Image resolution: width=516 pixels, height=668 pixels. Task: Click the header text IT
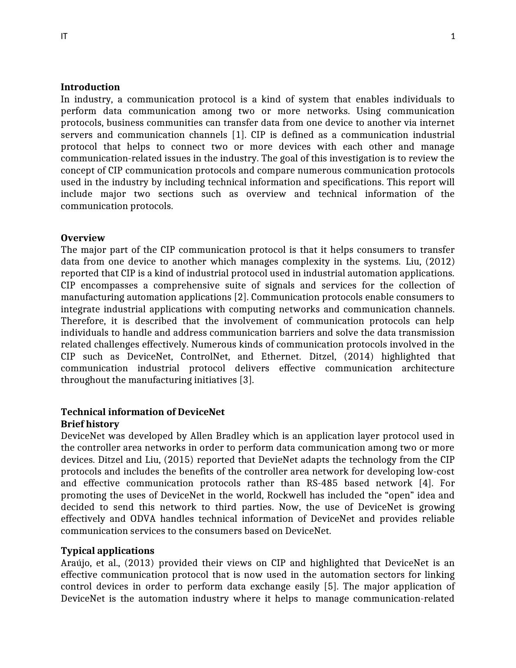coord(64,36)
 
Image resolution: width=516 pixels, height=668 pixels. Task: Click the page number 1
coord(453,36)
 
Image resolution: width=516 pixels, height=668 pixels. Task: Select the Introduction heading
coord(90,87)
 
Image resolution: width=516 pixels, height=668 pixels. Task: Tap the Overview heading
coord(83,238)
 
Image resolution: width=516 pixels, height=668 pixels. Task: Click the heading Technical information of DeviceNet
coord(143,412)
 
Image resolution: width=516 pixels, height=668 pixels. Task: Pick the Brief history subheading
coord(90,424)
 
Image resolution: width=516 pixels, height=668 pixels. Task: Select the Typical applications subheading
coord(108,551)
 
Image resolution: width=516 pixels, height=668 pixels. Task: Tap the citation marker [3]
coord(246,380)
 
